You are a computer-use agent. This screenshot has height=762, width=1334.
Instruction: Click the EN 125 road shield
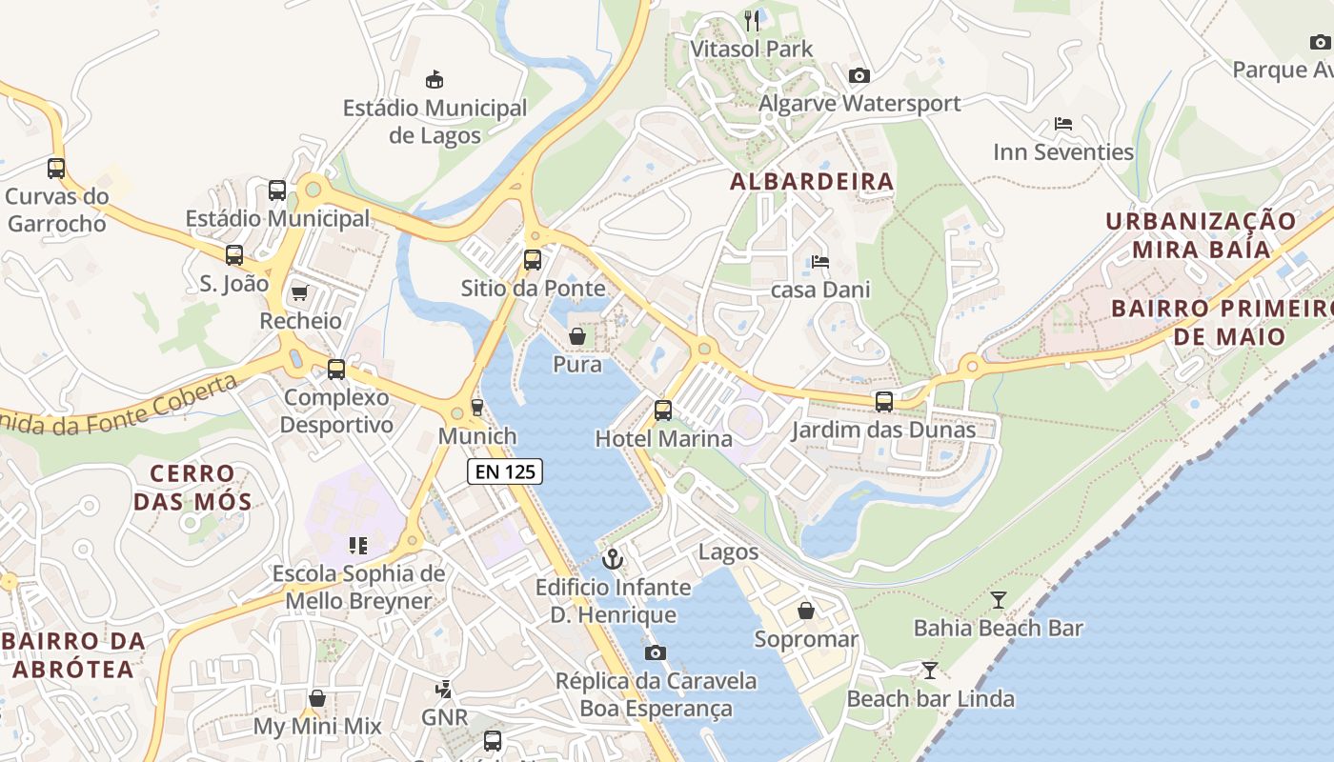tap(505, 471)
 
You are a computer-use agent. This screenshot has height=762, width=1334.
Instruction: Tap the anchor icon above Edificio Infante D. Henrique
tap(613, 558)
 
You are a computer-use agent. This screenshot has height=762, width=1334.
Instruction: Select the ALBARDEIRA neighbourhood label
tap(812, 182)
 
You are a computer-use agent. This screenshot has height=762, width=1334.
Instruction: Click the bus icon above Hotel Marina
tap(663, 411)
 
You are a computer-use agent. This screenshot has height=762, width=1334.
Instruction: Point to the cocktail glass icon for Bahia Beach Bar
tap(998, 599)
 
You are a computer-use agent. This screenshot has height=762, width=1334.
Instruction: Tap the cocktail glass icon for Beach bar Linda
tap(929, 670)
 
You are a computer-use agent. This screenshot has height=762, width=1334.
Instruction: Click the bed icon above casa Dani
tap(819, 261)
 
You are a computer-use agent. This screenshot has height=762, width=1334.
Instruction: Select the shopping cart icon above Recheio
tap(300, 292)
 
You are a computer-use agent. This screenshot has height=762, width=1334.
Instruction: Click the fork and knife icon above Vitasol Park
tap(752, 20)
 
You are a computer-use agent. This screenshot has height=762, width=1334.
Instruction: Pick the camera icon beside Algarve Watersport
tap(859, 75)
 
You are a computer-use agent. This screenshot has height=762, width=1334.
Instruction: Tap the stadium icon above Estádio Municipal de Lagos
tap(435, 79)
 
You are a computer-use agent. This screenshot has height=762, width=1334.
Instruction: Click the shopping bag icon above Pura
tap(577, 336)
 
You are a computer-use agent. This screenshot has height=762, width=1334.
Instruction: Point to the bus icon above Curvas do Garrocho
tap(56, 169)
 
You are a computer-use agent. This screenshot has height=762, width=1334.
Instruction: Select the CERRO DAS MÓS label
tap(192, 487)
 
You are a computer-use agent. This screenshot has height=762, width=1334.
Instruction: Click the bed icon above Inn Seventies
tap(1063, 124)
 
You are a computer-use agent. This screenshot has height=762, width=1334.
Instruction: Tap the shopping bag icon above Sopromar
tap(806, 611)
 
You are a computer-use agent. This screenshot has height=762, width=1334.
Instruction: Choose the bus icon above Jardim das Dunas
tap(884, 402)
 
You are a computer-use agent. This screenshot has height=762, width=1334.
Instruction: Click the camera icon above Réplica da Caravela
tap(656, 652)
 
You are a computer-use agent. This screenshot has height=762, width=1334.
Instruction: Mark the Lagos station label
tap(729, 551)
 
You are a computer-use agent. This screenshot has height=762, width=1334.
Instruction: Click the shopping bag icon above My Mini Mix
tap(316, 698)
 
